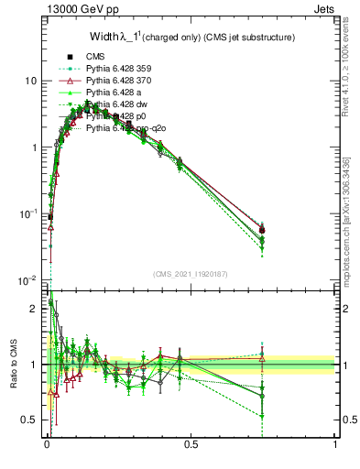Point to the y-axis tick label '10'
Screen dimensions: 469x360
[29, 82]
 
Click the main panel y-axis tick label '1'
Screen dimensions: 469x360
[33, 147]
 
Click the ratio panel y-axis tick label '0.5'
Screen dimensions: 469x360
[27, 420]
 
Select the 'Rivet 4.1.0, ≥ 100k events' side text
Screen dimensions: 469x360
[351, 64]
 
